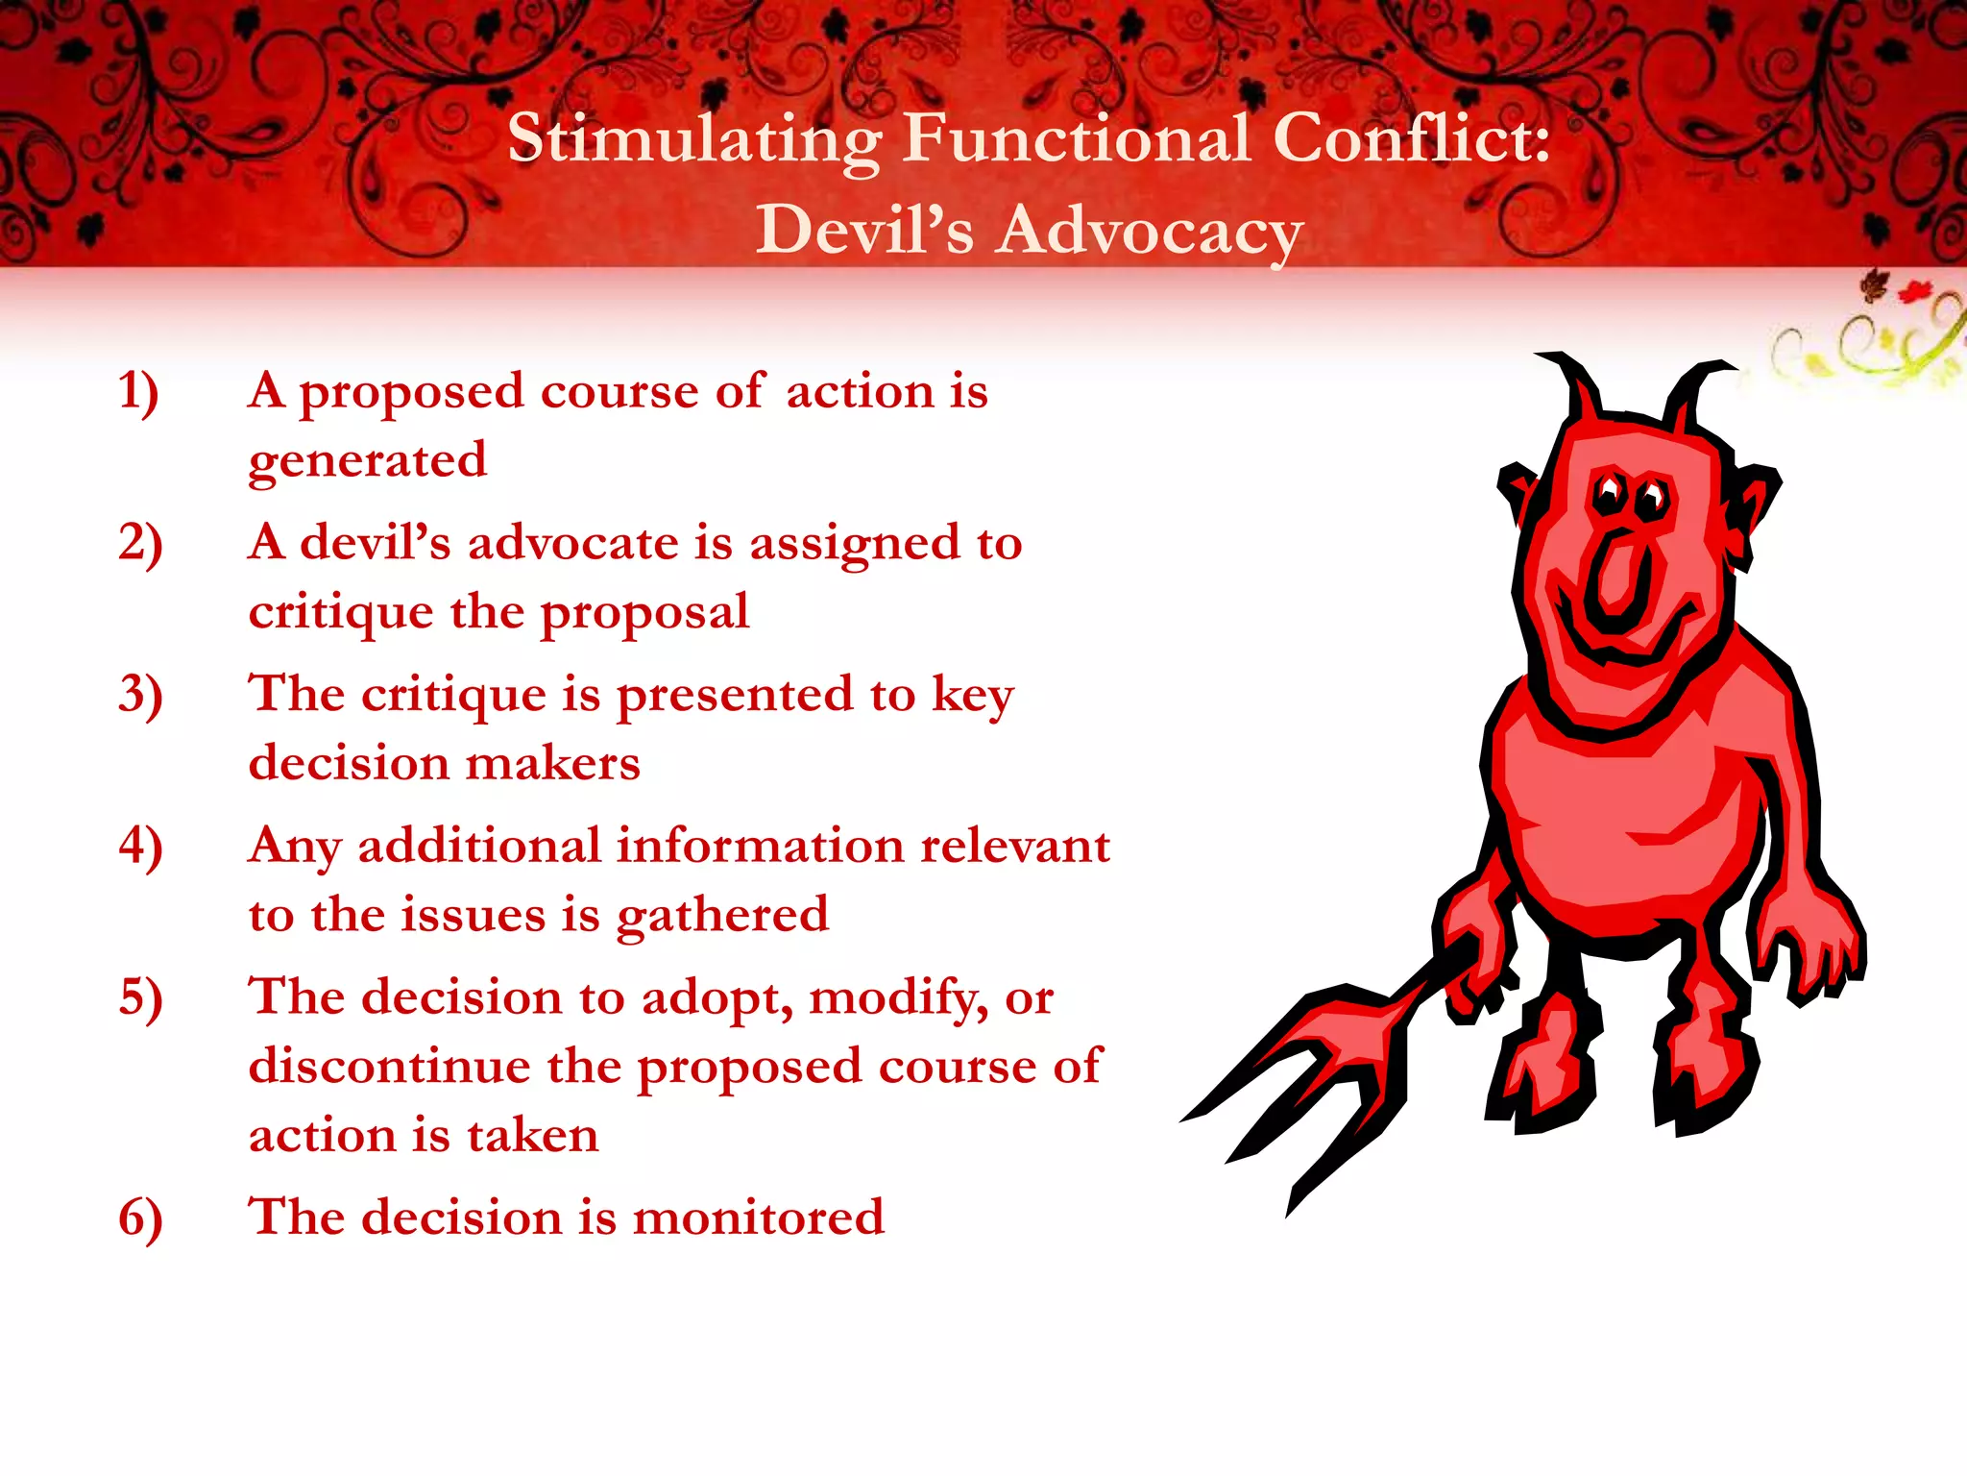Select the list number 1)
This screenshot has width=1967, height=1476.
pos(138,392)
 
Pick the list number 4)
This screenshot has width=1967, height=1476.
pos(140,847)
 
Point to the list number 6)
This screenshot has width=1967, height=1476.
pos(140,1218)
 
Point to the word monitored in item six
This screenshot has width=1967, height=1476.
pos(758,1218)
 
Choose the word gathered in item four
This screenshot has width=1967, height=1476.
pos(722,915)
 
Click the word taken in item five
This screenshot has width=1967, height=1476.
pos(533,1136)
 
